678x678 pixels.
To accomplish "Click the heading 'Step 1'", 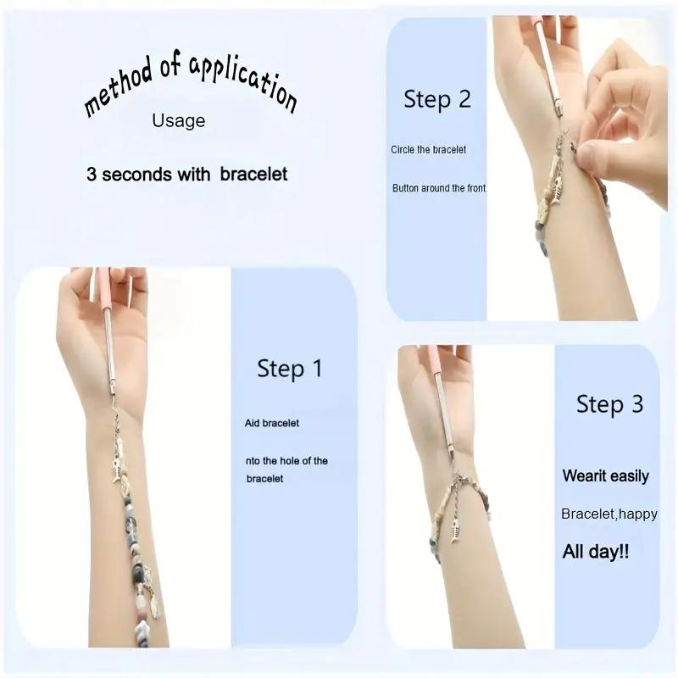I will [290, 369].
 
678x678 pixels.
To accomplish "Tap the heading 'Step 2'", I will [436, 99].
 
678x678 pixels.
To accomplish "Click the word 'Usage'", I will [178, 120].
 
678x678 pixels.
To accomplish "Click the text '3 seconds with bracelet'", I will [186, 175].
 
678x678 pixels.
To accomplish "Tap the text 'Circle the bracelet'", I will [428, 150].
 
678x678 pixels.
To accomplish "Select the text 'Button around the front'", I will [439, 188].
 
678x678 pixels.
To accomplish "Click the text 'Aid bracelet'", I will [271, 423].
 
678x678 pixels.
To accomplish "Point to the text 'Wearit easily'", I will [605, 476].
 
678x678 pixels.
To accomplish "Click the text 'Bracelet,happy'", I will [609, 514].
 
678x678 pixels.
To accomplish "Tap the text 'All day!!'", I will [596, 553].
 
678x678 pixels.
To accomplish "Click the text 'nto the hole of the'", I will [286, 461].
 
